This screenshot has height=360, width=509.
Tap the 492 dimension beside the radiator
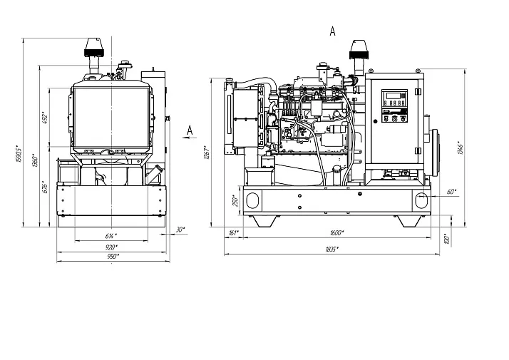(x=43, y=117)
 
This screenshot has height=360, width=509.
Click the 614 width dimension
(x=111, y=235)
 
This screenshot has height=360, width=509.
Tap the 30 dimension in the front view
(x=180, y=229)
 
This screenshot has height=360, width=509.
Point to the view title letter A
(x=332, y=31)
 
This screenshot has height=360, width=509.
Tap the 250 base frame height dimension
(x=236, y=201)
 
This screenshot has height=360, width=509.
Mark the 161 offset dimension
(x=232, y=233)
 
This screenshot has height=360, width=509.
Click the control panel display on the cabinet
(x=393, y=99)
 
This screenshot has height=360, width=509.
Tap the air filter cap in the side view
(x=358, y=50)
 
